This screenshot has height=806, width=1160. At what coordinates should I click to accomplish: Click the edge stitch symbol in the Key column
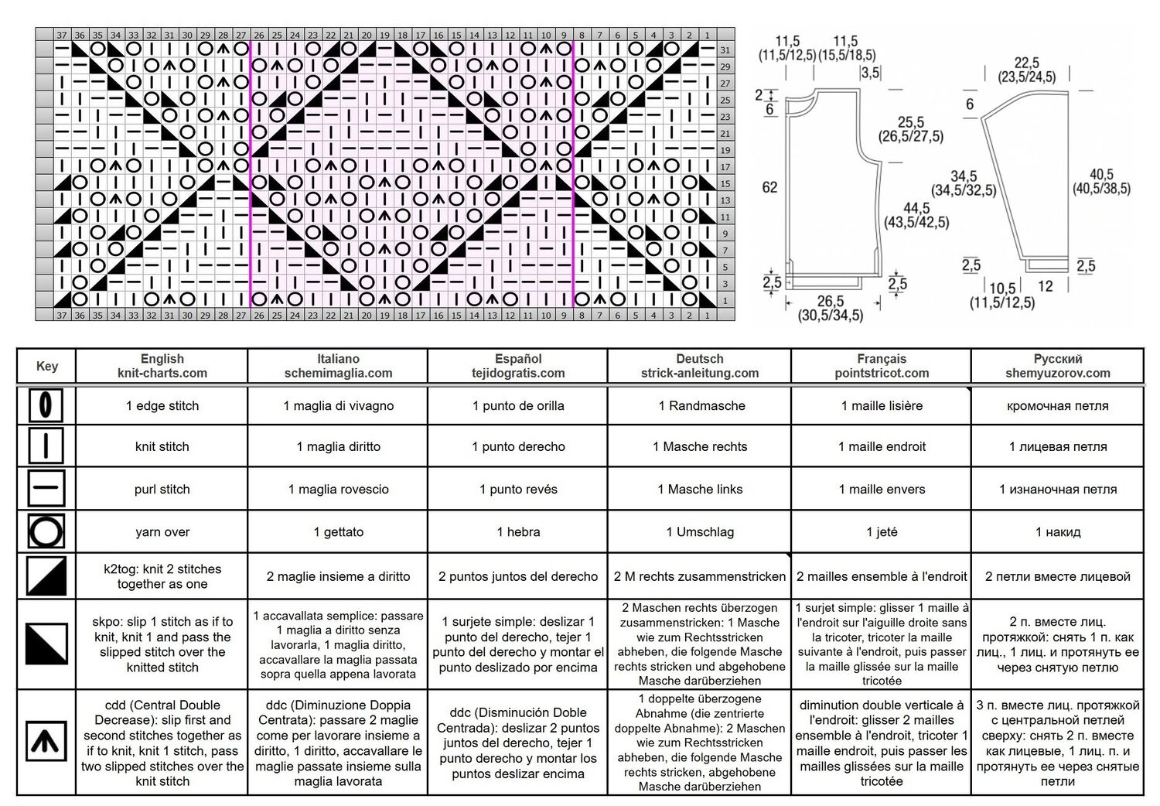46,405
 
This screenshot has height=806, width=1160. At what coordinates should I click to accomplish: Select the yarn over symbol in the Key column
46,531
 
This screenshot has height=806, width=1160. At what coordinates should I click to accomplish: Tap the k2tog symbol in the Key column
46,576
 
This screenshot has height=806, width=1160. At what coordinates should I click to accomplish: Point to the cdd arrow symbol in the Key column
46,741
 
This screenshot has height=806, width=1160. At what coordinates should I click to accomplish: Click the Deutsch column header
700,366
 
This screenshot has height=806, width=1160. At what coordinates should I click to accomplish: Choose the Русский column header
1057,366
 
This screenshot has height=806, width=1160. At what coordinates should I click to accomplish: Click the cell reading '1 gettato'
338,532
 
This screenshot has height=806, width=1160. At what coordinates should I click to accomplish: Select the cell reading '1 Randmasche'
700,405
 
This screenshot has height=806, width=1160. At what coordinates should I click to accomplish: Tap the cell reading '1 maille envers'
882,489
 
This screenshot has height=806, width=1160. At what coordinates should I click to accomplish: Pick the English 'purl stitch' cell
162,489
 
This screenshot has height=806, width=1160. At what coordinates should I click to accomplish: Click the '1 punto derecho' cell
518,446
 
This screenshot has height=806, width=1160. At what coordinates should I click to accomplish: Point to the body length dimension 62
769,187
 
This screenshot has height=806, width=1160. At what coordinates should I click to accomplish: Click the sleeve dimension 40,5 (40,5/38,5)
1101,181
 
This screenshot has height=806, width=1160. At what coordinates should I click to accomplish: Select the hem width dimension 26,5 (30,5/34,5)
831,308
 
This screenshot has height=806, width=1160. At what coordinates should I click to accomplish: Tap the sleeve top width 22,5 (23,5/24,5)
1027,70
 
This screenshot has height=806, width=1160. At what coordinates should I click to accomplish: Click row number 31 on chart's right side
725,50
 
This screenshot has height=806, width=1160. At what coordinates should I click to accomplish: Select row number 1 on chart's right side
725,300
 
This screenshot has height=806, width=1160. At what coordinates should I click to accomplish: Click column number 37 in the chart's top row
62,36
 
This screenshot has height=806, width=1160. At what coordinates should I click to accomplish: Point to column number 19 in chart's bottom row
384,315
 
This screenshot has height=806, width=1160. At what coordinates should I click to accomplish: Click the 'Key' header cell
46,366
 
